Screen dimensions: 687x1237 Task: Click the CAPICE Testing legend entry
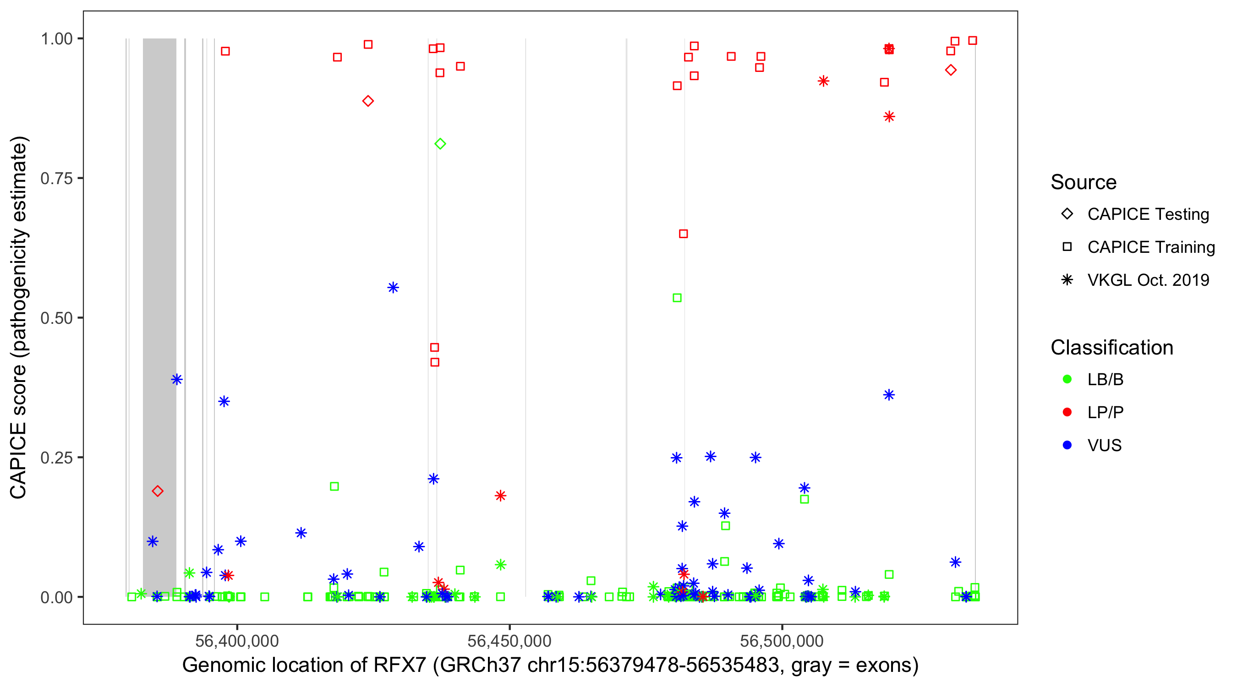pyautogui.click(x=1148, y=214)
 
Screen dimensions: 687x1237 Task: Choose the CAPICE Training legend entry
pyautogui.click(x=1150, y=247)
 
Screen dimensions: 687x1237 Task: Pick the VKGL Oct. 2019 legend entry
pyautogui.click(x=1148, y=280)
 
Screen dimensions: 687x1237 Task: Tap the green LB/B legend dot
pyautogui.click(x=1067, y=379)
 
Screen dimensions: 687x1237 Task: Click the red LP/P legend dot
pyautogui.click(x=1067, y=412)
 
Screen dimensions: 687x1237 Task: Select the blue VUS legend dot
pyautogui.click(x=1067, y=445)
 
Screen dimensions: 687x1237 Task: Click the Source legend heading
pyautogui.click(x=1084, y=182)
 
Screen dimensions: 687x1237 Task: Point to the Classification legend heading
pyautogui.click(x=1111, y=348)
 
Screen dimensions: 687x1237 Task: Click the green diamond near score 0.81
pyautogui.click(x=440, y=143)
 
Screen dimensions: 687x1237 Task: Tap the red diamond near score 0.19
pyautogui.click(x=158, y=491)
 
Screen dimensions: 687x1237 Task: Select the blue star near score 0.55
pyautogui.click(x=393, y=288)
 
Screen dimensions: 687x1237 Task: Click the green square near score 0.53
pyautogui.click(x=677, y=298)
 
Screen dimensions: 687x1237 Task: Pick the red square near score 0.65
pyautogui.click(x=683, y=234)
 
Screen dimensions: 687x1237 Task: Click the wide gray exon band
pyautogui.click(x=159, y=288)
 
